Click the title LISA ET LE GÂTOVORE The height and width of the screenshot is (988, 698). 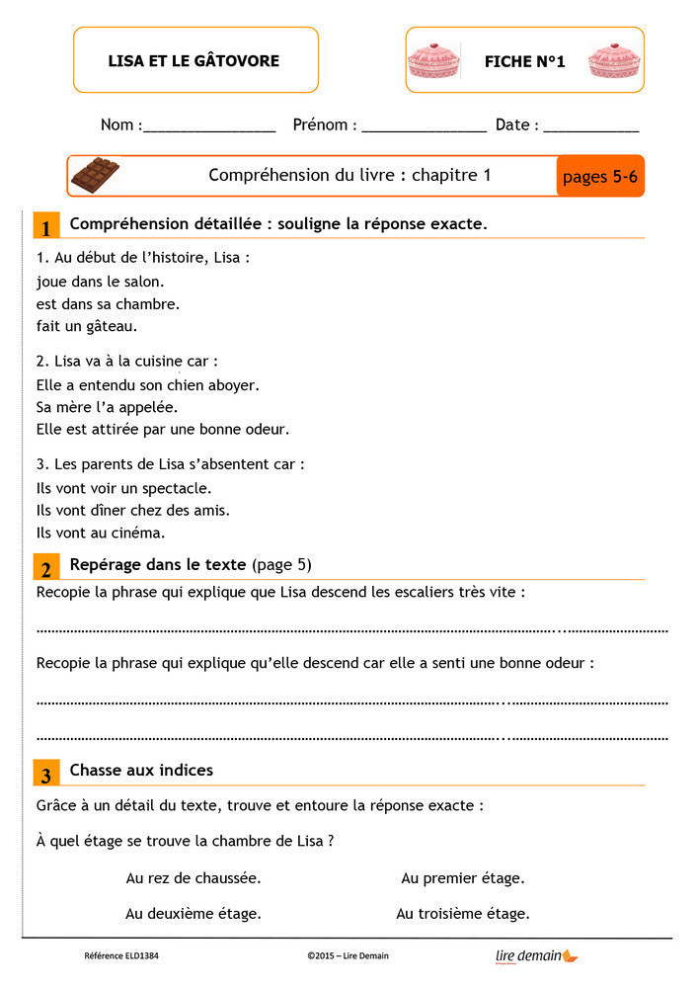pyautogui.click(x=194, y=61)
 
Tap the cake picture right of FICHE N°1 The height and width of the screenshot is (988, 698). pyautogui.click(x=614, y=61)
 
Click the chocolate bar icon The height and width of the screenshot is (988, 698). pyautogui.click(x=96, y=176)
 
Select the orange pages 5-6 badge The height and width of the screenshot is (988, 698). pyautogui.click(x=600, y=177)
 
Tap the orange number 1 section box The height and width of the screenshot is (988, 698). pyautogui.click(x=45, y=226)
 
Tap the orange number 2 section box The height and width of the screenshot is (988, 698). pyautogui.click(x=45, y=567)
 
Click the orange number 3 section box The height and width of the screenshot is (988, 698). pyautogui.click(x=45, y=773)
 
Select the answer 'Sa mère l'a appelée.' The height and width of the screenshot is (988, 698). pyautogui.click(x=107, y=407)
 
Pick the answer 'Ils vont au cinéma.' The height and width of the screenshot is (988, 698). pyautogui.click(x=101, y=533)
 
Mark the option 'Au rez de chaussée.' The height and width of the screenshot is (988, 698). pyautogui.click(x=194, y=877)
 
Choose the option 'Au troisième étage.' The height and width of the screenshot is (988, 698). pyautogui.click(x=462, y=914)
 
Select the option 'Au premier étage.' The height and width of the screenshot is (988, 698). pyautogui.click(x=462, y=877)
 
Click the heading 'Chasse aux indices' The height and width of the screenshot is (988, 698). pyautogui.click(x=141, y=770)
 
